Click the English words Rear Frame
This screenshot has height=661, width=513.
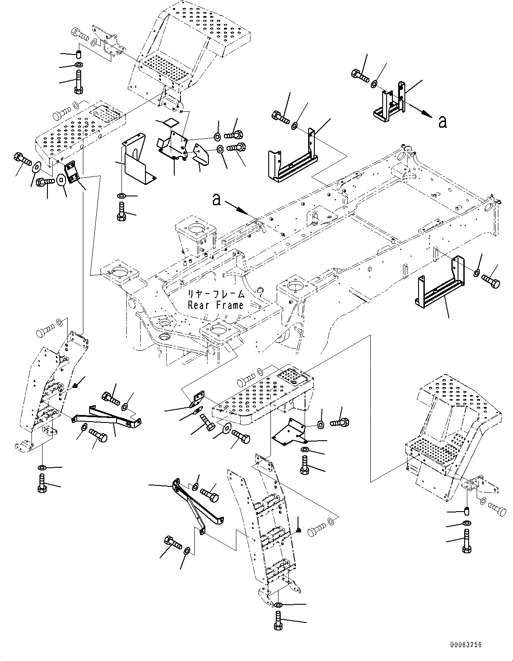[215, 305]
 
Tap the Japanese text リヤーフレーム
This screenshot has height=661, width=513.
[215, 294]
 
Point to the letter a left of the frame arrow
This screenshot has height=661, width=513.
[216, 200]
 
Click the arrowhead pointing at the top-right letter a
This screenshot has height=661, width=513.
[428, 115]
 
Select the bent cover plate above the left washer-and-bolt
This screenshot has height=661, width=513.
[138, 158]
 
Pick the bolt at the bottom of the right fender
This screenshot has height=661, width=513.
[467, 541]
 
